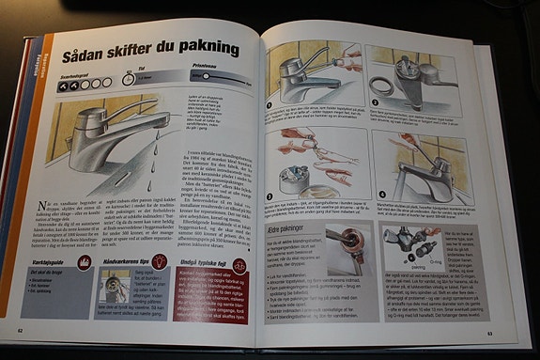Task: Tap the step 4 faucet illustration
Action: pyautogui.click(x=415, y=164)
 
